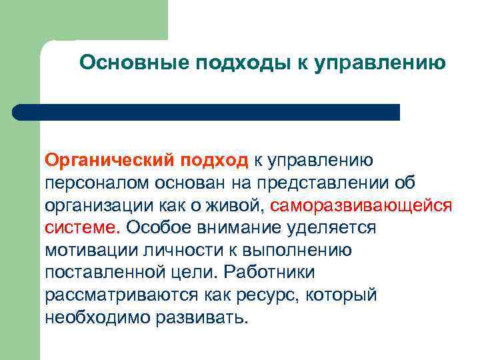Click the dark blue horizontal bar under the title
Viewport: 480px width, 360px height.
tap(207, 112)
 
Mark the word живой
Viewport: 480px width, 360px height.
tap(238, 205)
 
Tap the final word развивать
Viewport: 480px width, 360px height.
tap(202, 317)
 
